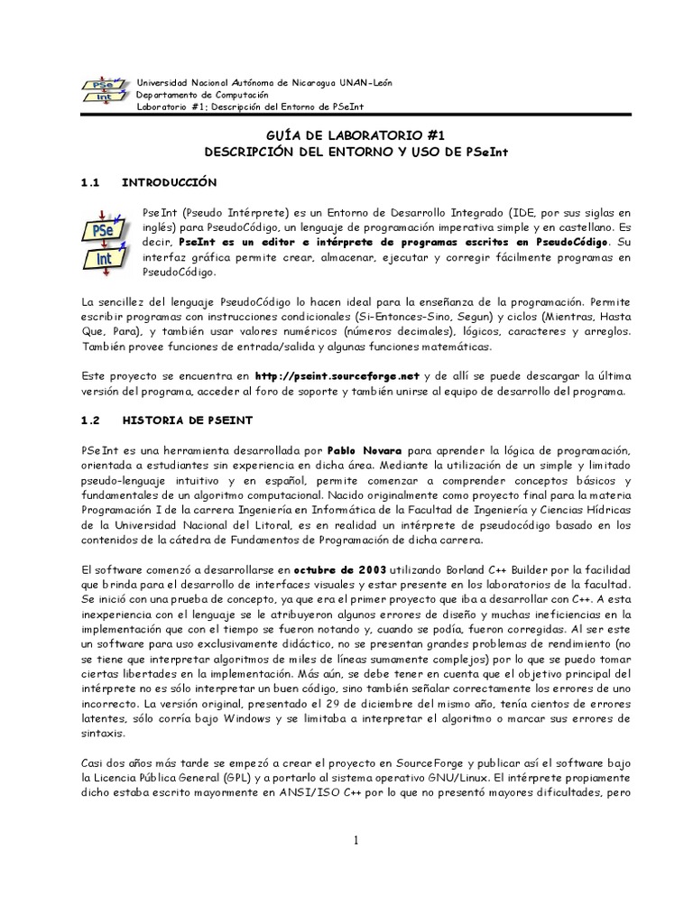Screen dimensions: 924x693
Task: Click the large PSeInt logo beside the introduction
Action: pos(101,237)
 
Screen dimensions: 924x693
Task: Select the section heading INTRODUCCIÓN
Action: pos(171,181)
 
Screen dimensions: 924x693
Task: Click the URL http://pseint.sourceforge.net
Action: pos(337,376)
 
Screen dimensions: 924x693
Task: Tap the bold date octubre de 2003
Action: pos(339,570)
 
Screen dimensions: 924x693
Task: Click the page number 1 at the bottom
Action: pos(356,841)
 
